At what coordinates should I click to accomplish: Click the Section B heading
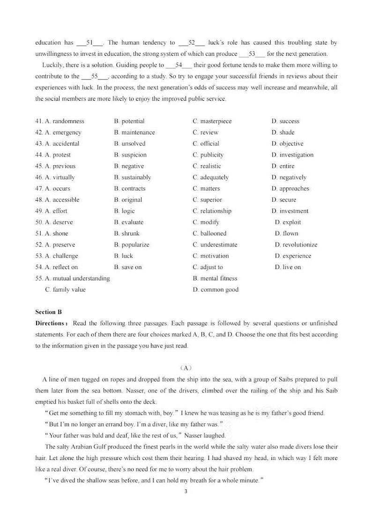click(x=49, y=312)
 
